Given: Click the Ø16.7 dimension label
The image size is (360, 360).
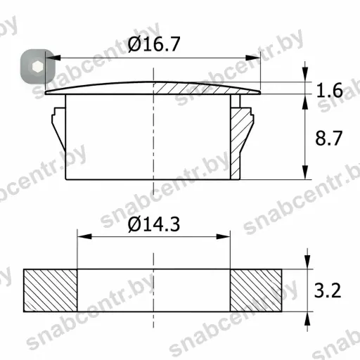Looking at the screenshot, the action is point(154,44).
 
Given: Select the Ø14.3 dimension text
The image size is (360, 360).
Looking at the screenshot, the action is point(154,224).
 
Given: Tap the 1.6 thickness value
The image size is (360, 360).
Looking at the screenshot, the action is point(329,90).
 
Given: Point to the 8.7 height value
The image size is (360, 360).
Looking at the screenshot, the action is point(328,138).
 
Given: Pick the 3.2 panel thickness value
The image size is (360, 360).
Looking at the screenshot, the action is point(328,290).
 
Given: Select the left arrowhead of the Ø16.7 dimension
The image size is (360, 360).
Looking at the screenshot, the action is point(53,58).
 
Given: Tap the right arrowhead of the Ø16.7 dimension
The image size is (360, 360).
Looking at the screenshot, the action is point(252,58).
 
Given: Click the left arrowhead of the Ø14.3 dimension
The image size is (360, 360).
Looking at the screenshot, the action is point(84,236).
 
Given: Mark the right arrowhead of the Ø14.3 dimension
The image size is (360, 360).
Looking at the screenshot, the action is point(223,236).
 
